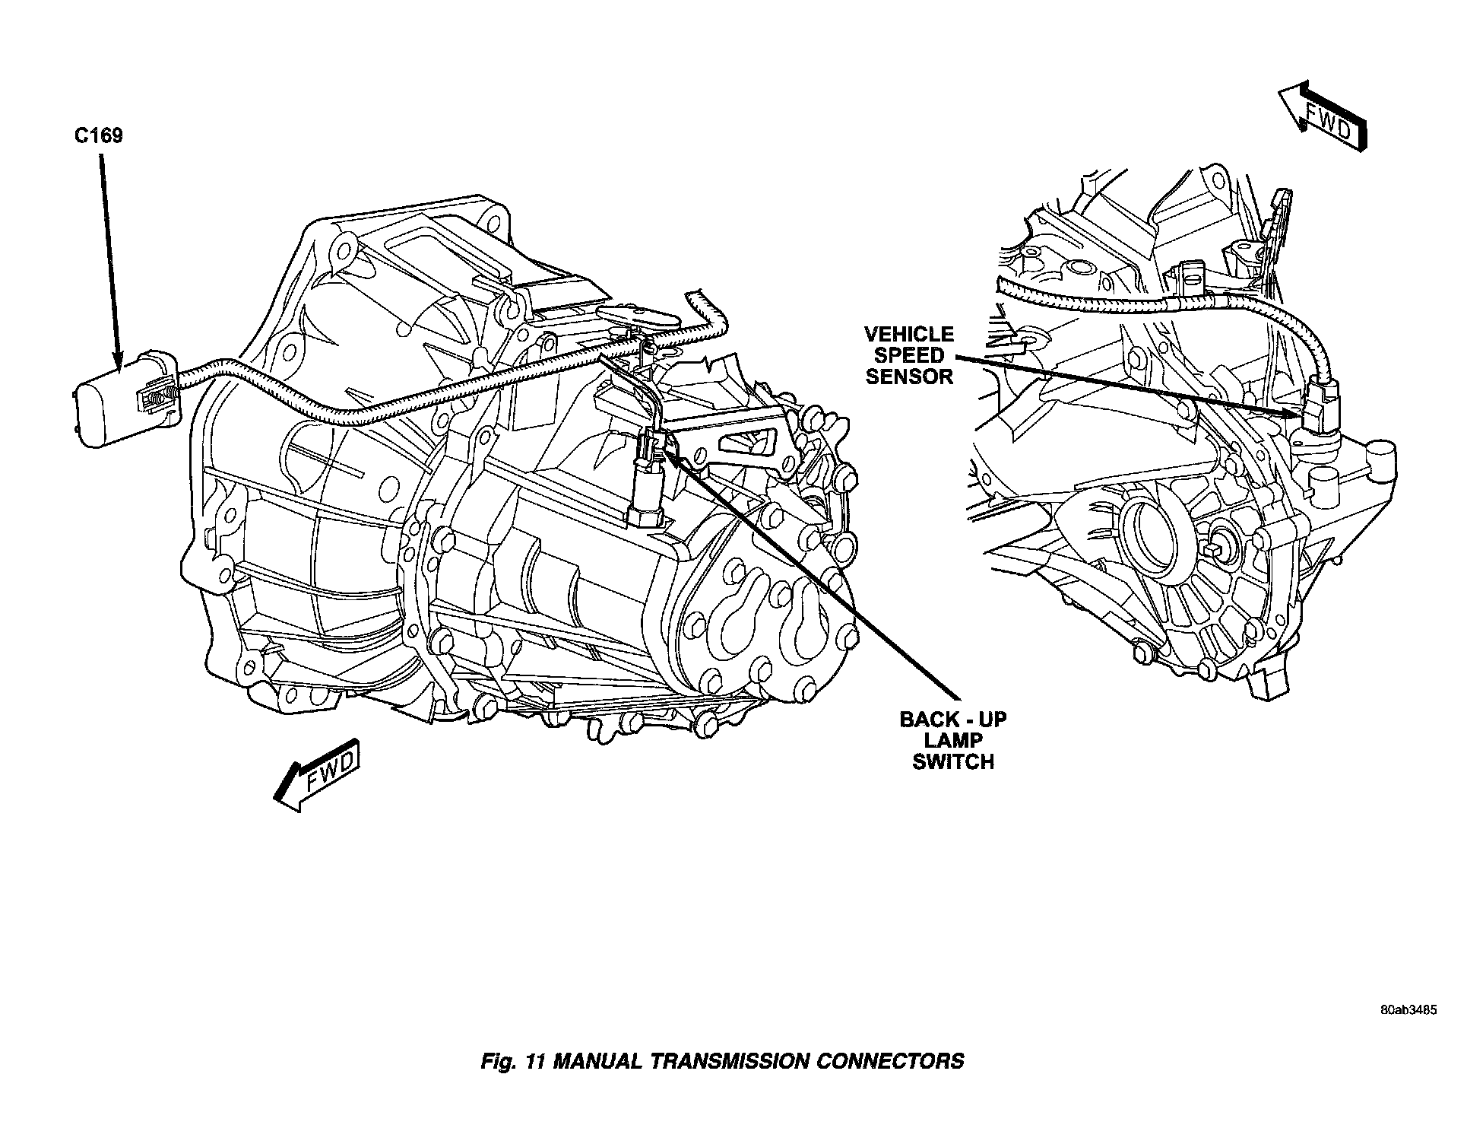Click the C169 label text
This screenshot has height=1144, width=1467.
pos(99,136)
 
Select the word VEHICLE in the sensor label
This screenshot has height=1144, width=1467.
pos(909,334)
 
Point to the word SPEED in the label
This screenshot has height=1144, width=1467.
pos(909,355)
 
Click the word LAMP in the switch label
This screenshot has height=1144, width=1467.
pos(953,741)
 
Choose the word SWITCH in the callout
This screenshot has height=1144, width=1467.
pos(953,762)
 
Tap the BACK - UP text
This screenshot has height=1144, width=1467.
pos(953,720)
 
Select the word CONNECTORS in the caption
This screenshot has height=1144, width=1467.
pos(889,1062)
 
